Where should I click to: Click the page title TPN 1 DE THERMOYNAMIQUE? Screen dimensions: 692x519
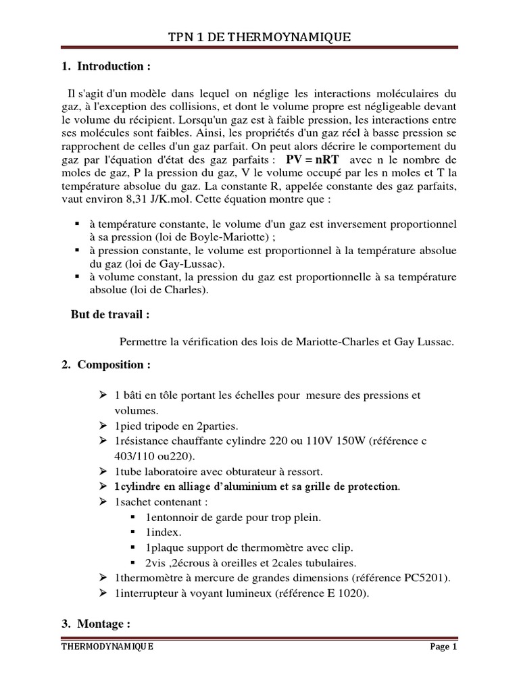259,37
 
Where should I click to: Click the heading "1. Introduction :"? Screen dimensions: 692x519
106,66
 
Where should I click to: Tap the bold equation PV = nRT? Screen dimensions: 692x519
313,159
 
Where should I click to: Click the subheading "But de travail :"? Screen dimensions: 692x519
110,315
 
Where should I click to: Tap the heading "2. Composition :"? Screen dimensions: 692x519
106,365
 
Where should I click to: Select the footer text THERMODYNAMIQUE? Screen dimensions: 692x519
107,646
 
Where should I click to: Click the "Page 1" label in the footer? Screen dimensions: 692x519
444,646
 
